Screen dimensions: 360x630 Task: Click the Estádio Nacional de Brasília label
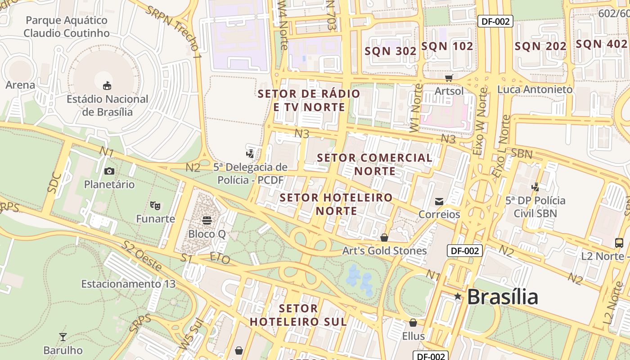pyautogui.click(x=107, y=105)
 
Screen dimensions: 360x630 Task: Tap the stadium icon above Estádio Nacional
pyautogui.click(x=107, y=85)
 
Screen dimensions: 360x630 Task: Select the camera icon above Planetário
pyautogui.click(x=109, y=171)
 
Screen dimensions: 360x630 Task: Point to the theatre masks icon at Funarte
pyautogui.click(x=155, y=206)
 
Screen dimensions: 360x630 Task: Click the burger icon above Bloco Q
pyautogui.click(x=207, y=220)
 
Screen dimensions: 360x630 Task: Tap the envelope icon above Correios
pyautogui.click(x=439, y=201)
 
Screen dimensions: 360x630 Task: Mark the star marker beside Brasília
pyautogui.click(x=458, y=296)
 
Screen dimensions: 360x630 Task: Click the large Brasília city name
pyautogui.click(x=502, y=297)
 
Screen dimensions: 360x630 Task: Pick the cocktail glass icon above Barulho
pyautogui.click(x=63, y=337)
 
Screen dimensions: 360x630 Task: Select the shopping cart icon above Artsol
pyautogui.click(x=449, y=77)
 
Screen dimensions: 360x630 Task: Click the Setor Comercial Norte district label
pyautogui.click(x=374, y=164)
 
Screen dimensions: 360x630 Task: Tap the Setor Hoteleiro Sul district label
pyautogui.click(x=298, y=315)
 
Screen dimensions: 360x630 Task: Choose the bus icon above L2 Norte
pyautogui.click(x=619, y=243)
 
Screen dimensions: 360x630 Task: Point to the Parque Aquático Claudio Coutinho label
pyautogui.click(x=67, y=27)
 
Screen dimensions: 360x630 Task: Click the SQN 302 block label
pyautogui.click(x=391, y=51)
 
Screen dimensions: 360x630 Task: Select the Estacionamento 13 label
pyautogui.click(x=128, y=284)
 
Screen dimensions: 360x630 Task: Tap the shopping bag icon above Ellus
pyautogui.click(x=413, y=323)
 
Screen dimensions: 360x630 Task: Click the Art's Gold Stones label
pyautogui.click(x=384, y=251)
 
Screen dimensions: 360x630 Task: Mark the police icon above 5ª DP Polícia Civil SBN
pyautogui.click(x=535, y=187)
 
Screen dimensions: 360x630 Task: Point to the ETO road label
pyautogui.click(x=220, y=258)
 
